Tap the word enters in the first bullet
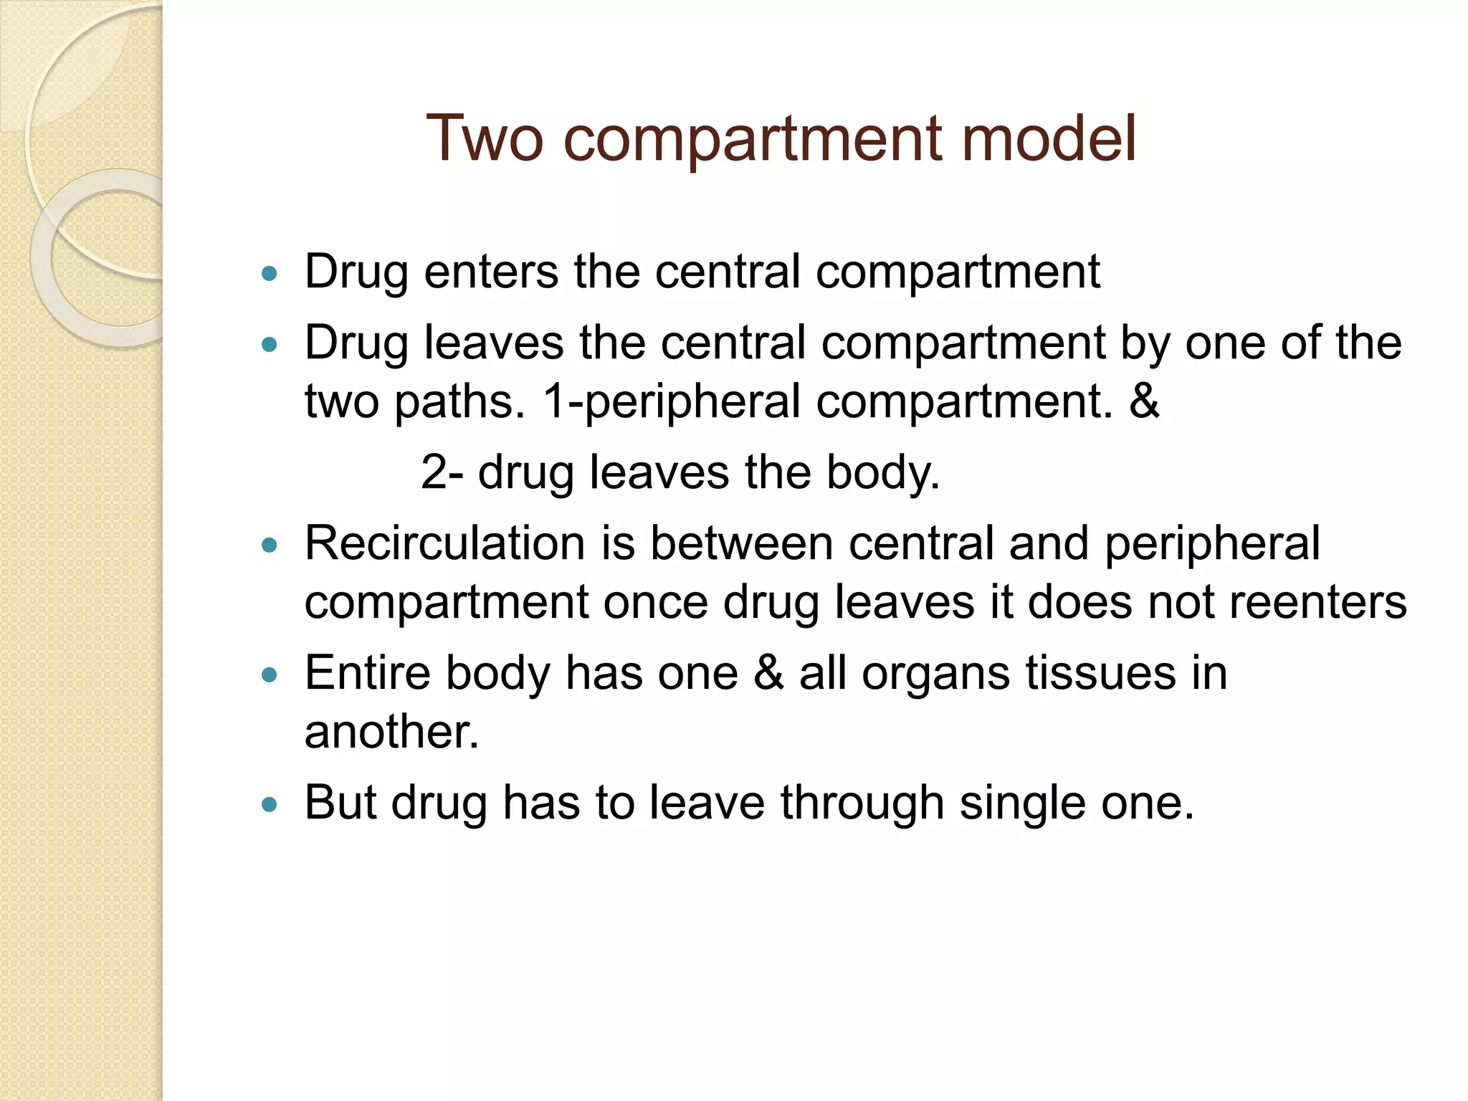pos(491,272)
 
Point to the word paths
pos(459,401)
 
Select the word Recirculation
pos(445,543)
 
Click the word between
pos(742,543)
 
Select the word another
pos(391,732)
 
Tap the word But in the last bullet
pos(340,802)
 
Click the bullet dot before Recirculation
pos(270,545)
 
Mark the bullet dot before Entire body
pos(270,675)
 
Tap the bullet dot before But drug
pos(270,804)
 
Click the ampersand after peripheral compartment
pos(1144,401)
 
